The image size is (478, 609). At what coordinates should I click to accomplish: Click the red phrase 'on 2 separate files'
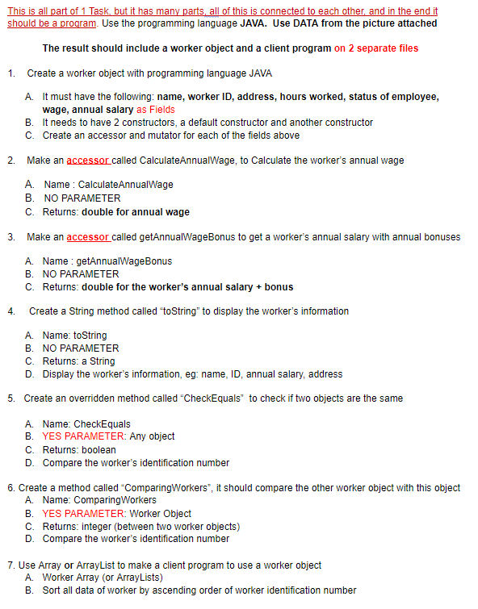[x=376, y=48]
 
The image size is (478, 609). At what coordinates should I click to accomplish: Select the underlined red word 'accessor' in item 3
[x=88, y=236]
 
